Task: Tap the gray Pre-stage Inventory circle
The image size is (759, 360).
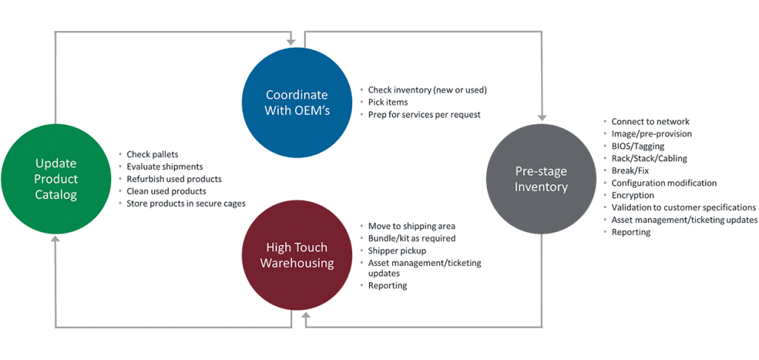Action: tap(541, 179)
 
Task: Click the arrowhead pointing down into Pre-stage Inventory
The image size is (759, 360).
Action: tap(543, 116)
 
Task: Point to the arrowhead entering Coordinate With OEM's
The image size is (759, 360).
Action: tap(291, 40)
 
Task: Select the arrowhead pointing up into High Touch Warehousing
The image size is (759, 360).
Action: tap(305, 317)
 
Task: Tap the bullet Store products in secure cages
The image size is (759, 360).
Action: tap(186, 203)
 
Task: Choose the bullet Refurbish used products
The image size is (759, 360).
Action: tap(175, 179)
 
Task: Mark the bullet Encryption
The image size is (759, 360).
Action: tap(632, 195)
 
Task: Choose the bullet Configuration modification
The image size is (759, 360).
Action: tap(663, 182)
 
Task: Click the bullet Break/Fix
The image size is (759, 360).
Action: tap(630, 170)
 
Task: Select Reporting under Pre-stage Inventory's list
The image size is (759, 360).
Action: tap(631, 232)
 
